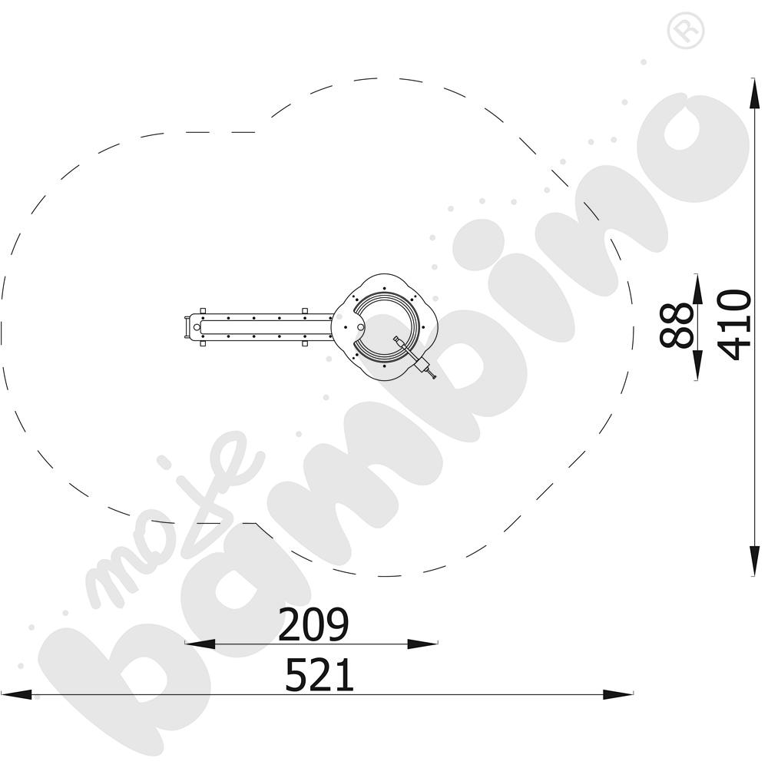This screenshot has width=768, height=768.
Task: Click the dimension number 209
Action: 313,624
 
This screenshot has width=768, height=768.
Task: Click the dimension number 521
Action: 319,674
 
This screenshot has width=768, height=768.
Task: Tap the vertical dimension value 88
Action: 677,325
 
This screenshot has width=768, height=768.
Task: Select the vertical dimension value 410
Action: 735,325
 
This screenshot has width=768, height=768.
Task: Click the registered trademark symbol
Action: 686,31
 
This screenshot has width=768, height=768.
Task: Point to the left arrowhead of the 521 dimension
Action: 16,694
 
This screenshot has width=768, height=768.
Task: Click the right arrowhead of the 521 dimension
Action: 618,694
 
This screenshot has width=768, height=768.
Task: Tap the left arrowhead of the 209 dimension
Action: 200,644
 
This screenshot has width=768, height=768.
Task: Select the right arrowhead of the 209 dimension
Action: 422,644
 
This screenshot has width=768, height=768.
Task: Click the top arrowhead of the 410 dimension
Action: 754,93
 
